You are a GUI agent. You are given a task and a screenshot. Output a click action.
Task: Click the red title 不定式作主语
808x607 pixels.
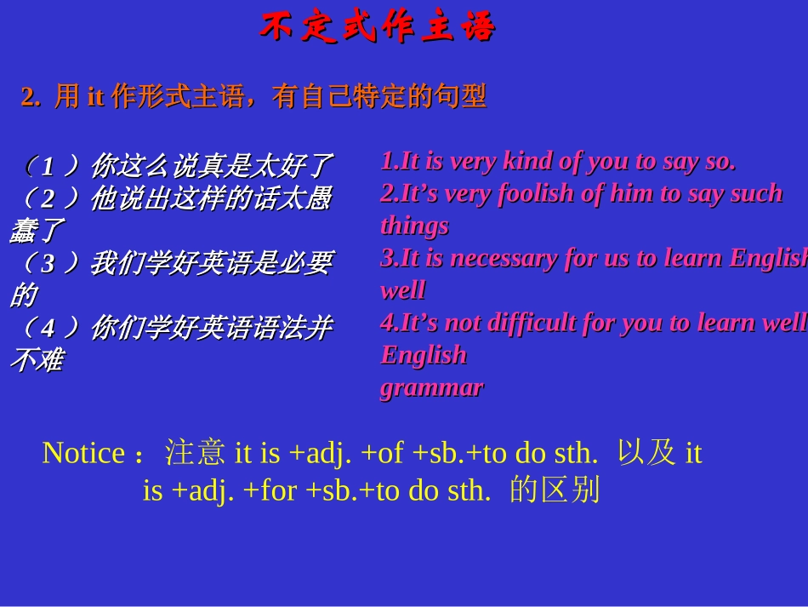coord(377,28)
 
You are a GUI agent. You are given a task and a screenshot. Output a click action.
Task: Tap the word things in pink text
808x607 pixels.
coord(414,226)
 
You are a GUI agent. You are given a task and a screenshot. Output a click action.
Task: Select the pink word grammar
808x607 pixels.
coord(431,387)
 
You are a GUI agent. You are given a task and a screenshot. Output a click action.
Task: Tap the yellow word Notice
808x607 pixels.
coord(83,453)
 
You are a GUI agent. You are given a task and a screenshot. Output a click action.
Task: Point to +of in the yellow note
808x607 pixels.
coord(382,453)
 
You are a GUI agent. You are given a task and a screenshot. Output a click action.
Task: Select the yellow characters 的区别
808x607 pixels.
coord(555,491)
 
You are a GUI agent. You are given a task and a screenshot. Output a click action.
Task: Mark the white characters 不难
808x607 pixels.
coord(36,360)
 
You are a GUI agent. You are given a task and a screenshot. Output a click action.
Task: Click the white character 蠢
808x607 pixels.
coord(22,231)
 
